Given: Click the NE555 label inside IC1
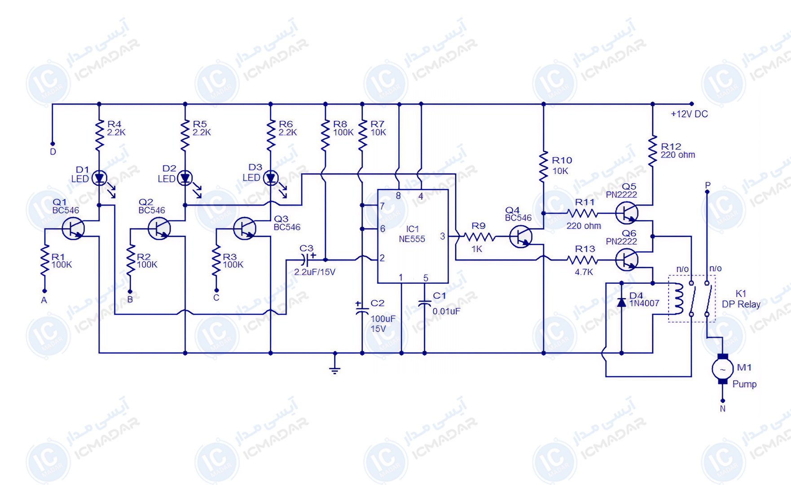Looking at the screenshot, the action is click(412, 239).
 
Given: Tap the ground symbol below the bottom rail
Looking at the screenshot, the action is click(334, 368).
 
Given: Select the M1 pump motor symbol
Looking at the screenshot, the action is click(722, 369).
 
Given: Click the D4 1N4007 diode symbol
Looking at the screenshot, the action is click(621, 302).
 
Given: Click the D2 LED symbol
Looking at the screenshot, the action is click(185, 179).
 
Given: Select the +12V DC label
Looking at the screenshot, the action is click(689, 114).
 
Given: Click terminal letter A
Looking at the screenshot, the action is click(44, 300).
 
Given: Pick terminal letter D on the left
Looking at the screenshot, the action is click(53, 152).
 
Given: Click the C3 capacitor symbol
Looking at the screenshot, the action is click(305, 260).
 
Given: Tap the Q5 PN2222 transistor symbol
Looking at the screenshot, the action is click(627, 213).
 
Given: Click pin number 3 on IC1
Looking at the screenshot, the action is click(442, 236).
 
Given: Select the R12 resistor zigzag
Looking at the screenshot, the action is click(653, 151).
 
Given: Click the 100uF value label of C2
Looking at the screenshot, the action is click(383, 319).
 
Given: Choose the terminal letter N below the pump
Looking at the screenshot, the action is click(722, 409).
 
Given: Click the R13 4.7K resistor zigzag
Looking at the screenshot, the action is click(582, 260).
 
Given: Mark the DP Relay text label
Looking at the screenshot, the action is click(741, 304).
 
